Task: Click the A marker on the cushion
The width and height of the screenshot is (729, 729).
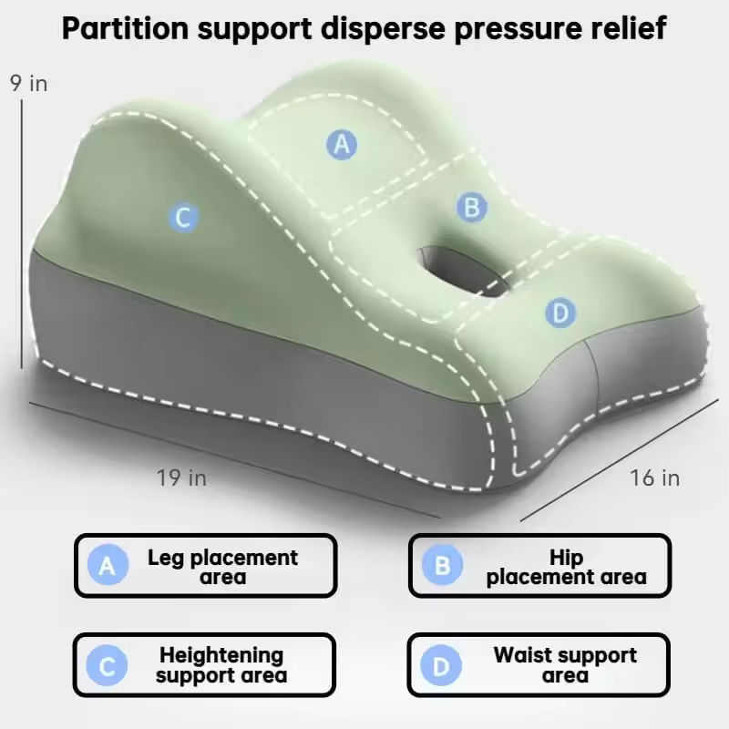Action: pos(342,144)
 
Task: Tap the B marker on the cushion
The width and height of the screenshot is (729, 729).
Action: pos(471,208)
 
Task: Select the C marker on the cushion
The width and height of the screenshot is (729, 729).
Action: pos(183,218)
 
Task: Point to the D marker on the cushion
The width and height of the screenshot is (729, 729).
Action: pos(560,313)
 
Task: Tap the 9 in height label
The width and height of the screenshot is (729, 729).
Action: pos(28,84)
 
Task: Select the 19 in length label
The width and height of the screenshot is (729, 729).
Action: pos(181,477)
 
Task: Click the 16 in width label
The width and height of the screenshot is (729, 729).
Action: pos(654,477)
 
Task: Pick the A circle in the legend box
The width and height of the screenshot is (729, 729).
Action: pos(108,566)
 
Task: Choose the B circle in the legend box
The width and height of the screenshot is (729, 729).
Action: pos(442,566)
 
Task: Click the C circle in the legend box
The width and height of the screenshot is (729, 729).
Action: pos(108,666)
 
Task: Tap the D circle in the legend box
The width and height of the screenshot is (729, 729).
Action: pos(442,666)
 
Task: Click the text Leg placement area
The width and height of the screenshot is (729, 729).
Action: pos(222,567)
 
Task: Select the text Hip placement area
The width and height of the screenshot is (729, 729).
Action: pos(566,567)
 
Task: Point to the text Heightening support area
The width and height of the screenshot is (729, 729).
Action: pos(221,665)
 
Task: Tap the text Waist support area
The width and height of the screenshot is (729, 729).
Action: pos(565,665)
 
